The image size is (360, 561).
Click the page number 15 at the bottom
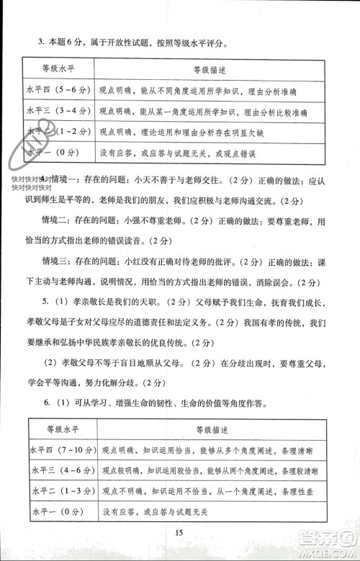tap(179, 533)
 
